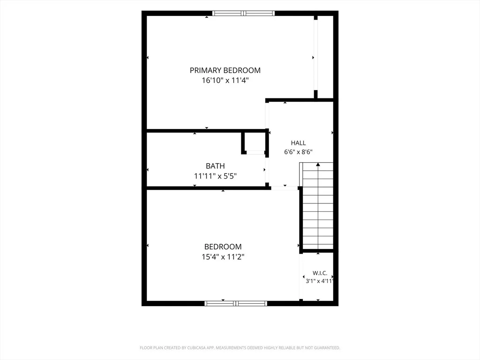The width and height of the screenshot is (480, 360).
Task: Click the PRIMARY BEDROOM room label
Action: (x=225, y=70)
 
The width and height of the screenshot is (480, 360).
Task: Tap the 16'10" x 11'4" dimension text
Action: (x=225, y=81)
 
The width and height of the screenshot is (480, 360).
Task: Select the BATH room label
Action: (x=215, y=166)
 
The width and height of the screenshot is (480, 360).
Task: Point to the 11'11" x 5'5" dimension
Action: (x=215, y=176)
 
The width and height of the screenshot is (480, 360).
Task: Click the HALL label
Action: (x=298, y=143)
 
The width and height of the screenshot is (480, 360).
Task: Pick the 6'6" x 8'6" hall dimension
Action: (x=298, y=152)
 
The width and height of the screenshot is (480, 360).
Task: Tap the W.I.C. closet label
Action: (x=320, y=273)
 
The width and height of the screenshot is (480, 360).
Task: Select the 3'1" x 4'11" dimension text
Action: (x=319, y=281)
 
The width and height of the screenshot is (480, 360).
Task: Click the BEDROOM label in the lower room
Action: (x=223, y=247)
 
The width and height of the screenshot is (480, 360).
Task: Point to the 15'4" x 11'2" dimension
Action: (x=223, y=257)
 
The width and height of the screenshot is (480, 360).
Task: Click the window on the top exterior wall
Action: (x=243, y=13)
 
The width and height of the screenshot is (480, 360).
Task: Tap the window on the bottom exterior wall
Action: (x=236, y=303)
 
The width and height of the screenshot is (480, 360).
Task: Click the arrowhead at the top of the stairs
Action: (x=318, y=165)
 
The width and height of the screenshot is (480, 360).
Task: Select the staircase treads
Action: (x=318, y=206)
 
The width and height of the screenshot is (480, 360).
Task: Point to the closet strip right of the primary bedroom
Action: (x=325, y=57)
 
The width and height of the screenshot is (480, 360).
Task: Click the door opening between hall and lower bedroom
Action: (x=285, y=188)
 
